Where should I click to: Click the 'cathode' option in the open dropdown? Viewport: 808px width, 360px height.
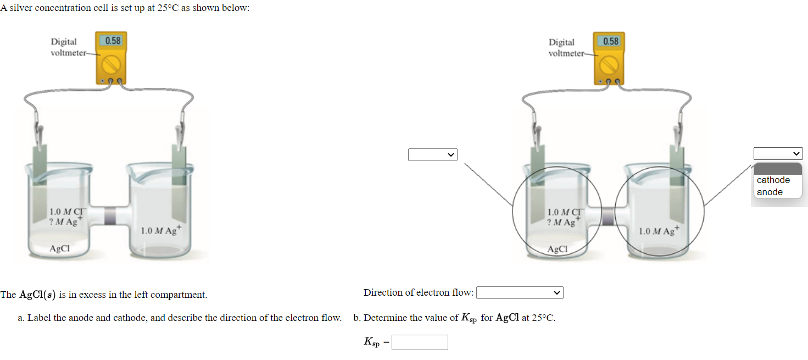(773, 180)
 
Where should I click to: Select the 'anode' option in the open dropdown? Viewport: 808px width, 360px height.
(770, 192)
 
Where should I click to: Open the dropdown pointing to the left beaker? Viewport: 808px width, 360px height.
(432, 155)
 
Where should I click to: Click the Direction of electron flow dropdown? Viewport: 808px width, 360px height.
(520, 293)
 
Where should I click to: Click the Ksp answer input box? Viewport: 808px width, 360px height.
(420, 342)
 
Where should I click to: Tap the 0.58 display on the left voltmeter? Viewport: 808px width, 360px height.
(113, 41)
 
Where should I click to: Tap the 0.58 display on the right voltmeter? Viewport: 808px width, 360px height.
(610, 41)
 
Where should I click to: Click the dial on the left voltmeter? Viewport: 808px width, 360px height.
(112, 64)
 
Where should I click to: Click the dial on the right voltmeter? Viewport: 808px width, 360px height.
(610, 65)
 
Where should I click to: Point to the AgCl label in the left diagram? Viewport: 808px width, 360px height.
(59, 248)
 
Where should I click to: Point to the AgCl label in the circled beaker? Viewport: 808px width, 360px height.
(557, 249)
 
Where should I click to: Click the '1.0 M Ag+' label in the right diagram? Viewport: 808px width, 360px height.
(659, 231)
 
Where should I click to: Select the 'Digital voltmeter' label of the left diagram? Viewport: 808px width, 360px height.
(67, 47)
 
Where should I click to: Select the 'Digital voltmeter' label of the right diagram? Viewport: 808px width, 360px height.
(565, 48)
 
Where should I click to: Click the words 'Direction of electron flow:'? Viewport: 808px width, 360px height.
(418, 292)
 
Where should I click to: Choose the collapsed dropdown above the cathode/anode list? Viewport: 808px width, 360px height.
(778, 154)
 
